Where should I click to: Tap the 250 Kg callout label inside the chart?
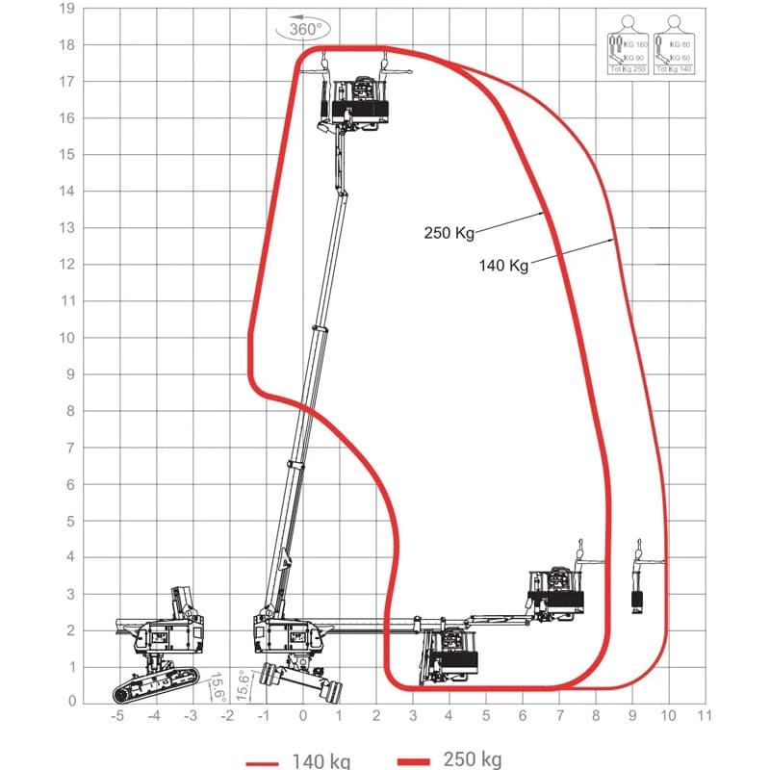point(447,231)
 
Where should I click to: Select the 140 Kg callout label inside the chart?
point(503,266)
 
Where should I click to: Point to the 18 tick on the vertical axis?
point(66,45)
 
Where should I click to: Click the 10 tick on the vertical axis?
point(66,337)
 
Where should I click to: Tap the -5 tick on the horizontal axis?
point(117,715)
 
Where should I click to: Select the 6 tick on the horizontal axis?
point(522,715)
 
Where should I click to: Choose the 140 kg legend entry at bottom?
point(298,760)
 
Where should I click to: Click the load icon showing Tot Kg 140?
point(673,47)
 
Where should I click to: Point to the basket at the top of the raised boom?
point(358,101)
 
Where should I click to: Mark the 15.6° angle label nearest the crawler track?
point(218,684)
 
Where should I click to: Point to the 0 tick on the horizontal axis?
point(302,715)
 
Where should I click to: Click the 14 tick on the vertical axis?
point(66,192)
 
